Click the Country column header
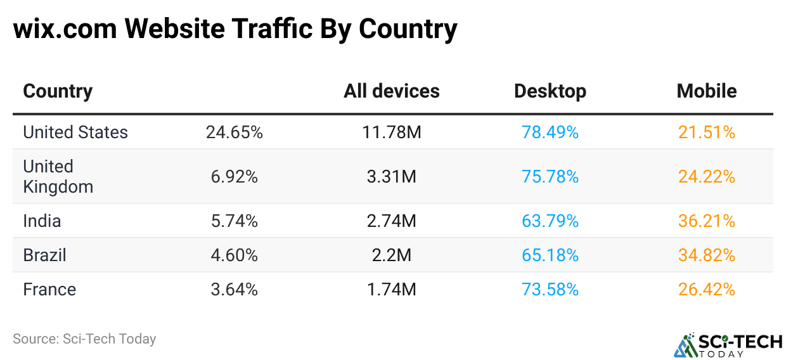[x=58, y=91]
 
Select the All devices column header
[x=391, y=91]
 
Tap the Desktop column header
[x=550, y=91]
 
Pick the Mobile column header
[x=706, y=91]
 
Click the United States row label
[x=75, y=132]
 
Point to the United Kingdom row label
[x=58, y=177]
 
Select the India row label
[x=42, y=221]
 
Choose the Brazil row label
[x=44, y=255]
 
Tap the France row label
[x=49, y=290]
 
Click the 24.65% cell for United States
[x=234, y=132]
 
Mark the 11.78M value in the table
[x=391, y=132]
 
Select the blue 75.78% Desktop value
[x=550, y=177]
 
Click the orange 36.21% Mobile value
[x=706, y=221]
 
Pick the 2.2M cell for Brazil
[x=391, y=255]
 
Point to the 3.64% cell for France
[x=234, y=290]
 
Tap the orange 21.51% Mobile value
[x=706, y=132]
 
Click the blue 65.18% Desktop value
[x=550, y=255]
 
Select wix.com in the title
[x=63, y=29]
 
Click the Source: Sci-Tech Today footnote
[x=84, y=339]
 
